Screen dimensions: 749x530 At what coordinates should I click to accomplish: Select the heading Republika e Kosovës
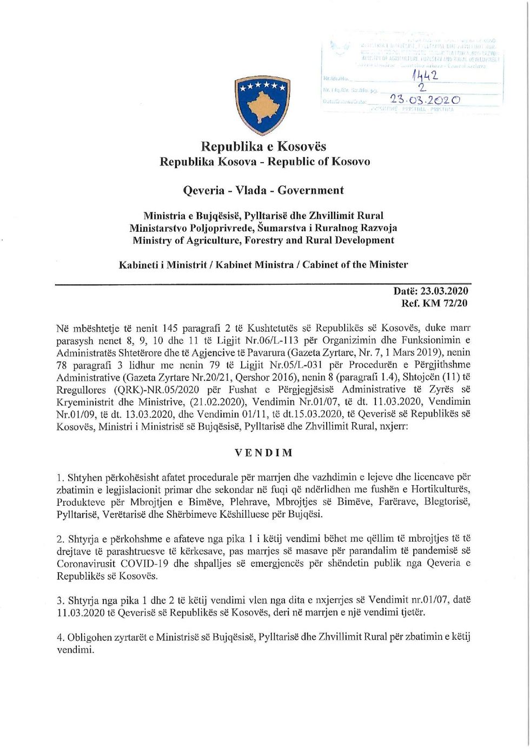[x=264, y=146]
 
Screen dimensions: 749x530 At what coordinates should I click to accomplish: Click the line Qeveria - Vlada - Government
[x=264, y=190]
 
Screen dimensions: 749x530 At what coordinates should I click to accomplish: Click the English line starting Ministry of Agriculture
[x=264, y=240]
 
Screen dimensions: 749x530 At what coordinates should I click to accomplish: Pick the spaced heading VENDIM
[x=264, y=453]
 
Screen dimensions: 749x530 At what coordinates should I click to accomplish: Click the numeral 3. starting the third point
[x=60, y=600]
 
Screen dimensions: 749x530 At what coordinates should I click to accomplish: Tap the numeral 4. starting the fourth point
[x=60, y=638]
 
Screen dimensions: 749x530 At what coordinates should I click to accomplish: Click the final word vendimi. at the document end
[x=75, y=650]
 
